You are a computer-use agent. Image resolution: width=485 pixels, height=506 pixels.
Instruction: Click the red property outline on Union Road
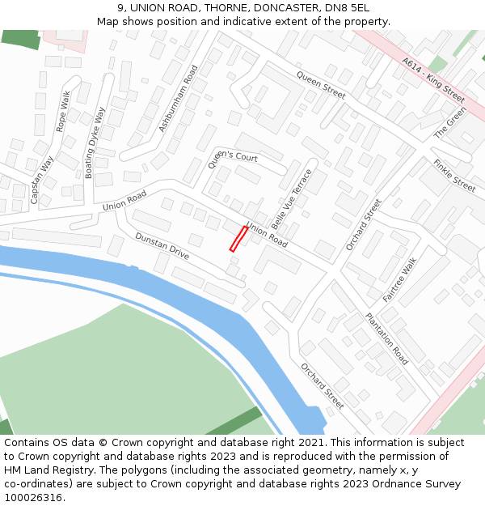(238, 239)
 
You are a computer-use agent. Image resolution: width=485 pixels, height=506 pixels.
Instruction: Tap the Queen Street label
(321, 85)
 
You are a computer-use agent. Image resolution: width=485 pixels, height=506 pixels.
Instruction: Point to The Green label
(450, 121)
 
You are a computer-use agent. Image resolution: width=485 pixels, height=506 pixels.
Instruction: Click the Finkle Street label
(454, 175)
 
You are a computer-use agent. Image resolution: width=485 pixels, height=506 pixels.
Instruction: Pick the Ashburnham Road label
(179, 99)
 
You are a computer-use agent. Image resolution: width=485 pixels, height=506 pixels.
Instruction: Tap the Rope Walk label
(63, 111)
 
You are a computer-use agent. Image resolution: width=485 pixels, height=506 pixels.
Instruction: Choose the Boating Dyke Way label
(95, 143)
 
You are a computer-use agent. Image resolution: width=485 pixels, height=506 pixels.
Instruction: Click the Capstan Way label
(41, 179)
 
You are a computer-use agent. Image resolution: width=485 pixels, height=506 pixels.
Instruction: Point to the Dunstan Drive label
(162, 246)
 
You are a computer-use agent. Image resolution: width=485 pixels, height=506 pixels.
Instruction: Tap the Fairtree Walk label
(399, 279)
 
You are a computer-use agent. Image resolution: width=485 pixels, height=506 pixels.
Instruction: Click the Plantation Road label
(386, 338)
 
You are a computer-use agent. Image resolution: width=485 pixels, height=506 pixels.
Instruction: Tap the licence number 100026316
(33, 498)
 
